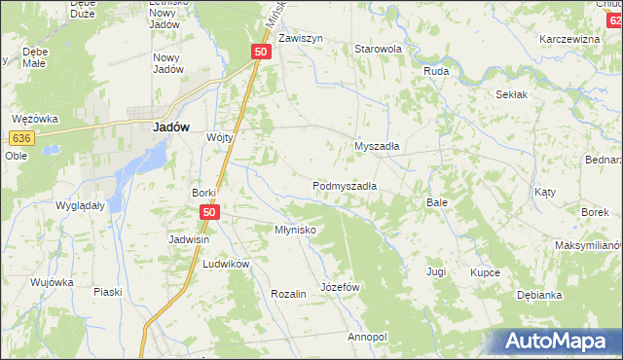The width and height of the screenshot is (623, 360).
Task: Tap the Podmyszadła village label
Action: point(345,185)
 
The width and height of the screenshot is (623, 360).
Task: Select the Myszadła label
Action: point(378,146)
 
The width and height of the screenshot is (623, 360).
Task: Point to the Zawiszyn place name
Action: point(300,39)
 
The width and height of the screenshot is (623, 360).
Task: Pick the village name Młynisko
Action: point(294,231)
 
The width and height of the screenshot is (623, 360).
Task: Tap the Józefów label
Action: point(341,288)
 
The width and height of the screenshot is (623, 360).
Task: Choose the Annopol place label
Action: point(367,337)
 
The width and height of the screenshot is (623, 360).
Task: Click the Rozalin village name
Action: point(289,294)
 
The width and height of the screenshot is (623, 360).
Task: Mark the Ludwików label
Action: point(226,265)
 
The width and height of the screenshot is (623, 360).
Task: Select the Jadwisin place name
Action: point(191,239)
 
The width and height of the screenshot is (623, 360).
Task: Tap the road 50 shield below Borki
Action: point(209,211)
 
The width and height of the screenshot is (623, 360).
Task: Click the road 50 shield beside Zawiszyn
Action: point(260,52)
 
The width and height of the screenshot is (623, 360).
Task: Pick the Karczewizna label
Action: point(569,40)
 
